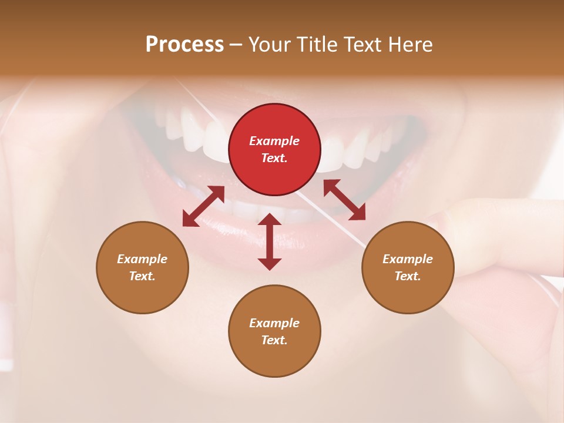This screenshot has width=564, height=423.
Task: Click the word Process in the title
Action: (x=184, y=45)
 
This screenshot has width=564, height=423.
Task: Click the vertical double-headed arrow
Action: (x=270, y=241)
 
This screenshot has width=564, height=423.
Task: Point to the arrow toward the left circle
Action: (x=203, y=206)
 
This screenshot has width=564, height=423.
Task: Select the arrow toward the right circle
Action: (x=345, y=200)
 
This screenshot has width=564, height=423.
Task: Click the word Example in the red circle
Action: (x=274, y=141)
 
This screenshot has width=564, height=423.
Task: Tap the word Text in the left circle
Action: (x=142, y=276)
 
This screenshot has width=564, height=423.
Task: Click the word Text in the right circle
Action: (x=408, y=276)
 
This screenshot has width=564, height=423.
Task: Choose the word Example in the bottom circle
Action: (x=274, y=323)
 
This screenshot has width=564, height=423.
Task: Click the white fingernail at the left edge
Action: (x=6, y=335)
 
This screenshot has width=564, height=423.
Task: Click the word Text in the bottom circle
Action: (x=274, y=340)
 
